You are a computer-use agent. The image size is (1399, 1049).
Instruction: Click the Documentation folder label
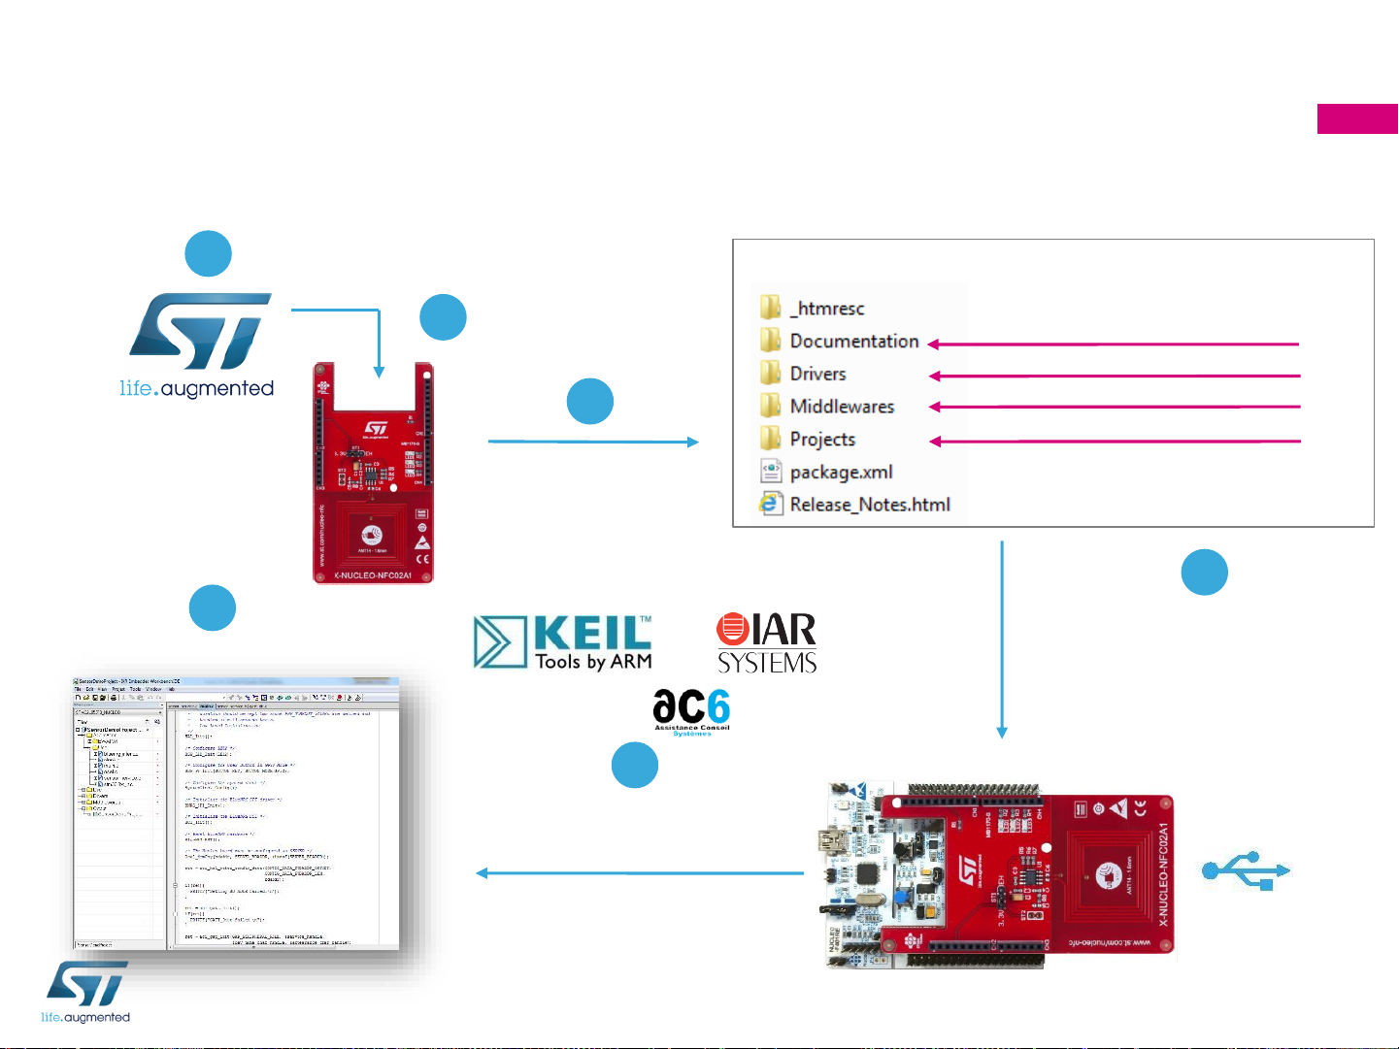tap(853, 342)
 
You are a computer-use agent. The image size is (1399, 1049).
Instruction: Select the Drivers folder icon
tap(771, 374)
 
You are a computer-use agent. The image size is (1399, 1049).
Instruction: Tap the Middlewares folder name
tap(842, 407)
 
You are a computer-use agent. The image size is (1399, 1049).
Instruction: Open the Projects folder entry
tap(822, 440)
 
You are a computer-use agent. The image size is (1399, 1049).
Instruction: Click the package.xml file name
tap(841, 473)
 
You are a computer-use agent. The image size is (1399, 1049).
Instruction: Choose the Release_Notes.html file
tap(869, 505)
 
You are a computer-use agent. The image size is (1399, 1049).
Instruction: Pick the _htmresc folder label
tap(826, 309)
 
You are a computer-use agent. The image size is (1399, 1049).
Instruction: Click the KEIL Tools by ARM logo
tap(563, 642)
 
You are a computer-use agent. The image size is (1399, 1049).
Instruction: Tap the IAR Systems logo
tap(767, 642)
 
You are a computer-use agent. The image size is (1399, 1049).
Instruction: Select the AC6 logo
tap(691, 712)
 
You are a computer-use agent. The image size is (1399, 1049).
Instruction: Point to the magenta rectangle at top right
tap(1357, 118)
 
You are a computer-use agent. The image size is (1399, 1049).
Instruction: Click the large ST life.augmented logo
tap(199, 344)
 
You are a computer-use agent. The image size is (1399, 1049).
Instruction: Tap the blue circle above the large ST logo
tap(209, 254)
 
